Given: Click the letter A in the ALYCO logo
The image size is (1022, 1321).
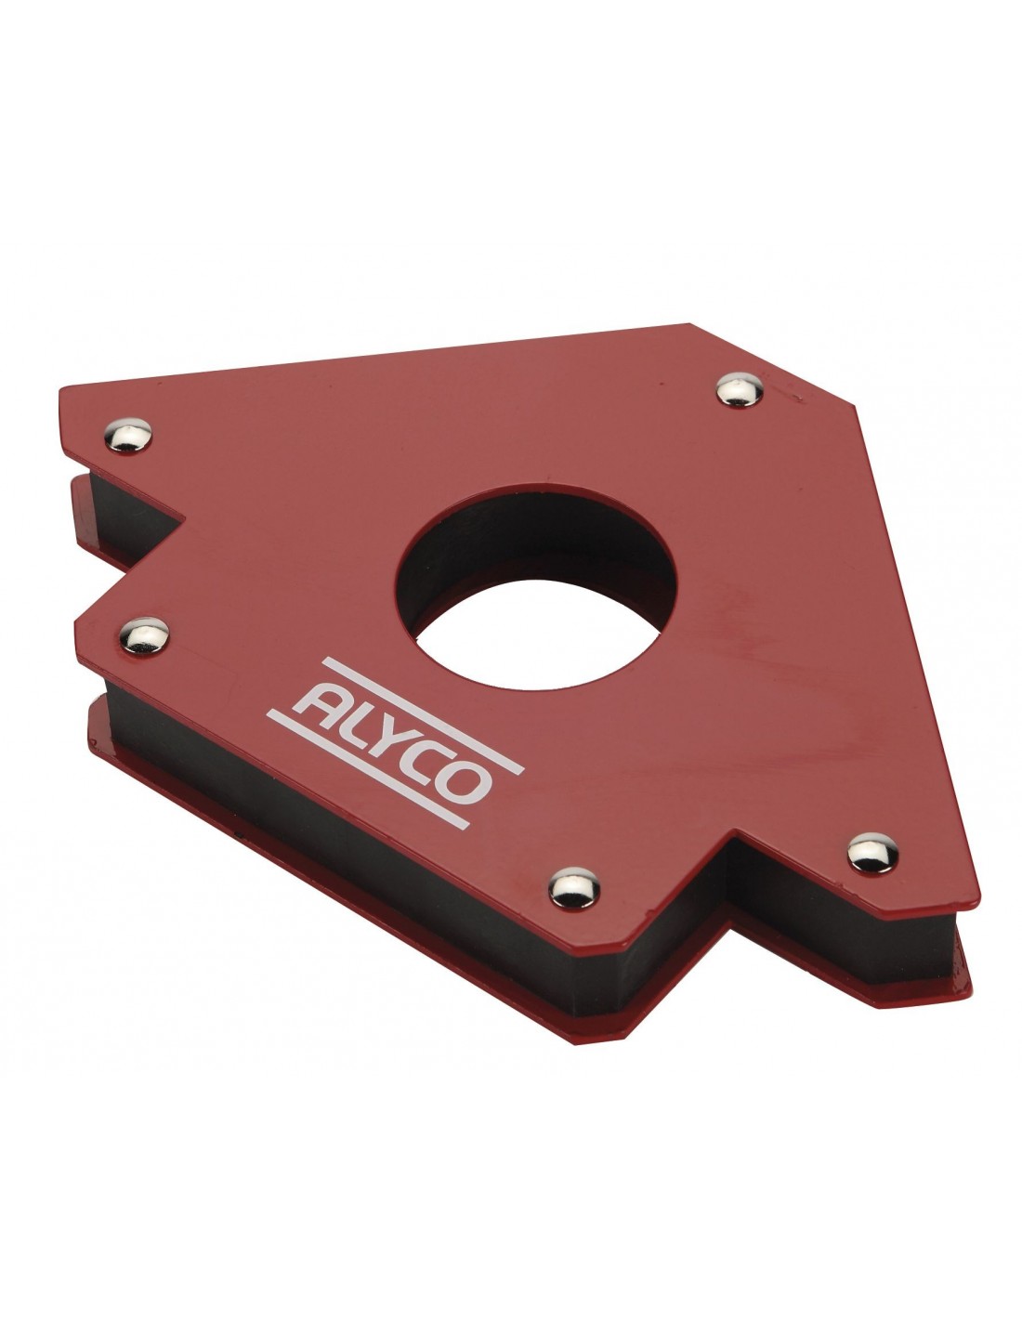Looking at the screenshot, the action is coord(323,700).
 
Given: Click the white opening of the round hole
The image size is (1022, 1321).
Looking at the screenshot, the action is coord(536,635).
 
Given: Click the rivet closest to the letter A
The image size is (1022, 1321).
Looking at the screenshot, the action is coord(144,635).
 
